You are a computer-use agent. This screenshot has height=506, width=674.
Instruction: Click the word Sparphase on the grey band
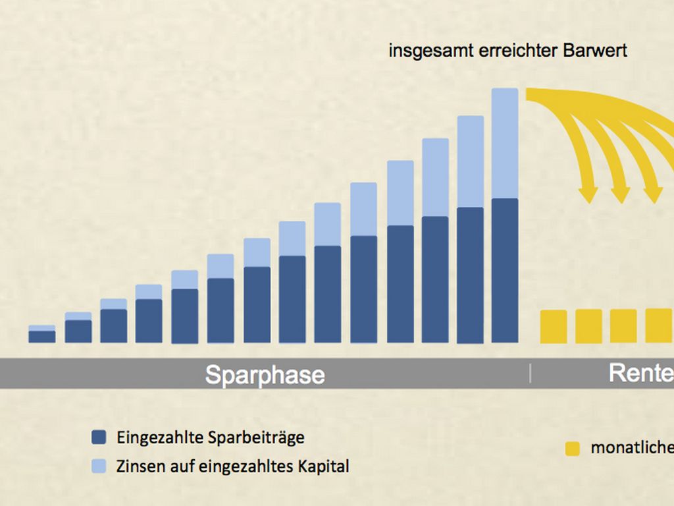coord(265,374)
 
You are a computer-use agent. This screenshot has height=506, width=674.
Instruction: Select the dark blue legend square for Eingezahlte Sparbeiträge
coord(99,437)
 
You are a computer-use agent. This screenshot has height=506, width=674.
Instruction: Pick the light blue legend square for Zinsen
coord(99,466)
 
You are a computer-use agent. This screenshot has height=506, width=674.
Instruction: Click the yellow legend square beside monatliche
coord(573,449)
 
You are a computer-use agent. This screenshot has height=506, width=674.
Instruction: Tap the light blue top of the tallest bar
coord(505,142)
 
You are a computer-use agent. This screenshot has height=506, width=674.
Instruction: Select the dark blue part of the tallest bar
coord(505,270)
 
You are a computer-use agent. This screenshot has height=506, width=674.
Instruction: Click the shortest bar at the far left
coord(42,334)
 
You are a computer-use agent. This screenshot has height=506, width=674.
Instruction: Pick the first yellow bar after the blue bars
coord(553,326)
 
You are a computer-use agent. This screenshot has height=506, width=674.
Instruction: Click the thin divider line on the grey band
coord(530,373)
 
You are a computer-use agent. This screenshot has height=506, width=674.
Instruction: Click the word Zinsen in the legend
coord(139,466)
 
